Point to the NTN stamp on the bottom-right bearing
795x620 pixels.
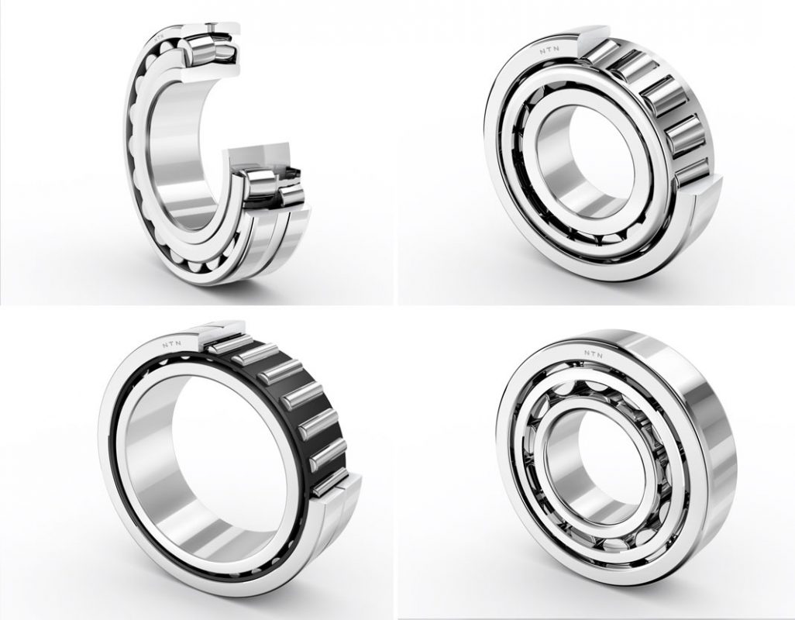point(593,354)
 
